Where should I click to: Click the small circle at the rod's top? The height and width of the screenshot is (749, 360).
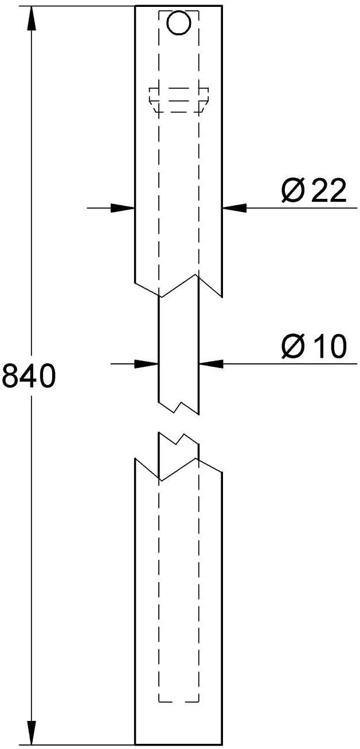point(179,23)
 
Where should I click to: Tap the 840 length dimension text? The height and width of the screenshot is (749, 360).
point(29,376)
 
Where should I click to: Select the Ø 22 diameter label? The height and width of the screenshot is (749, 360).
point(314,191)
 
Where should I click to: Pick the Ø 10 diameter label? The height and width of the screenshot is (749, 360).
point(314,346)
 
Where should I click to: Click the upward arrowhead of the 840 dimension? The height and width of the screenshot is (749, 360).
point(32,19)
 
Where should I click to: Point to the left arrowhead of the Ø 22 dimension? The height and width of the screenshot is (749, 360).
point(123,208)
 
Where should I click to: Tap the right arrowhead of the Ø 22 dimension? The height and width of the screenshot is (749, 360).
point(234,208)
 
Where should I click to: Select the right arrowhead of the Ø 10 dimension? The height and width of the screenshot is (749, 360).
point(211,364)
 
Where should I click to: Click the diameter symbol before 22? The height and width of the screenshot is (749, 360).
point(293,191)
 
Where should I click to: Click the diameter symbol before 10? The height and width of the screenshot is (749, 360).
point(293,346)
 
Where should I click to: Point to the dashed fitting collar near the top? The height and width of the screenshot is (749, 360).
point(179,100)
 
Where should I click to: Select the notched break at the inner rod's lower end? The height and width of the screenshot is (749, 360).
point(179,407)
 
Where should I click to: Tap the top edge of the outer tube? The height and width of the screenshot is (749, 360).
point(178,6)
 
